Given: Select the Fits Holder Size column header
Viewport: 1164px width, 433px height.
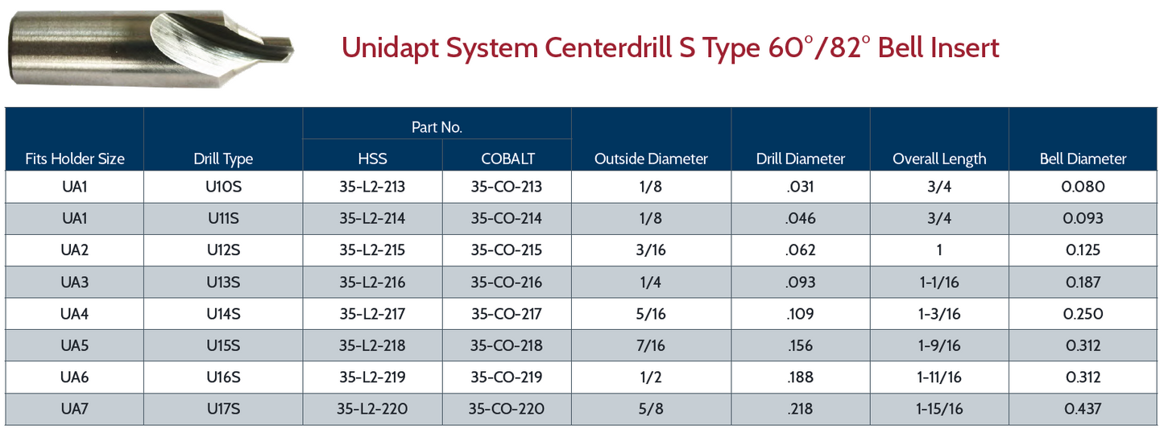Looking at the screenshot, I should coord(74,159).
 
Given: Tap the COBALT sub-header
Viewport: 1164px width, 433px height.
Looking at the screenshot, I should coord(507,159).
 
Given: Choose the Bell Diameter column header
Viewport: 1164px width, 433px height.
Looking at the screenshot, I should coord(1083,159).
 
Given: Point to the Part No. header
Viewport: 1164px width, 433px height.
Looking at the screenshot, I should coord(437,127).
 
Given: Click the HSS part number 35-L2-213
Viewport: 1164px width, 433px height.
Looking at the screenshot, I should coord(372,187).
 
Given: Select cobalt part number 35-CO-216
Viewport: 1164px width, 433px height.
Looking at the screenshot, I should coord(507,282).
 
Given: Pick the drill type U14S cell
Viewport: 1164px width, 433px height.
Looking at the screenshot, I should coord(223,314).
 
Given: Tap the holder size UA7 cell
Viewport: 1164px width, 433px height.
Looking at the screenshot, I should coord(74,409).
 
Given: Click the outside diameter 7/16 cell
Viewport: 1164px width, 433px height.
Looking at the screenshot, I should coord(651,345).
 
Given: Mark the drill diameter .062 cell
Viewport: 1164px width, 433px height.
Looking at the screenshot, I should coord(800,250).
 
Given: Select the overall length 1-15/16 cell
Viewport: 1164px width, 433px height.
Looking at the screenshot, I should coord(938,409).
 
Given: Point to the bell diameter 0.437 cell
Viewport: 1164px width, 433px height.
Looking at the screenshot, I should coord(1083,409).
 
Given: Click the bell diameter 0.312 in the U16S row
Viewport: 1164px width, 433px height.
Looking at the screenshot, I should coord(1083,377).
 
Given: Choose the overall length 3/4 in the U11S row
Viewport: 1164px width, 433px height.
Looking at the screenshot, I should coord(938,218).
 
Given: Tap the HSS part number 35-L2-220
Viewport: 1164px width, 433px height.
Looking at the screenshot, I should coord(372,409).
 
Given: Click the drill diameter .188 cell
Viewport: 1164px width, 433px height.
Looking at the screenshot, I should coord(800,377).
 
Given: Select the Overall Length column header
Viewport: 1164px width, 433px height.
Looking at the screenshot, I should coord(938,159).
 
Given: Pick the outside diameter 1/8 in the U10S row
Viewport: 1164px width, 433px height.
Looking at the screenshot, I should coord(651,187).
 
